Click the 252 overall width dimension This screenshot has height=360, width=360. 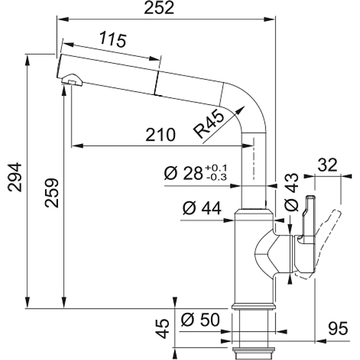[x=159, y=8]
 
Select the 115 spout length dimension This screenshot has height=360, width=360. [x=112, y=40]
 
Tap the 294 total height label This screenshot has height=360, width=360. [x=15, y=177]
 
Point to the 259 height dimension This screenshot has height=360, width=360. [x=52, y=193]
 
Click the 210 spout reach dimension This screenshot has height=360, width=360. [x=160, y=135]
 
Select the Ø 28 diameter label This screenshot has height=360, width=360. [x=183, y=173]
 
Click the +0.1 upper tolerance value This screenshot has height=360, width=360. [x=216, y=168]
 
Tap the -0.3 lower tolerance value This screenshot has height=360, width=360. [x=217, y=177]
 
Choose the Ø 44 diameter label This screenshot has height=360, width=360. [x=202, y=208]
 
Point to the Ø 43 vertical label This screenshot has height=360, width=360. [x=291, y=192]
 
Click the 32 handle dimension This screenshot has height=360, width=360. [x=327, y=165]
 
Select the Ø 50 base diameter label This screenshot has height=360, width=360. [x=200, y=319]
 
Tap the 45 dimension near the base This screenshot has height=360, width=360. [x=163, y=328]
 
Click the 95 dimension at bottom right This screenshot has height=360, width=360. [x=338, y=328]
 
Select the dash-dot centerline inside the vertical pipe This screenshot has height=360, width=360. [x=254, y=159]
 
